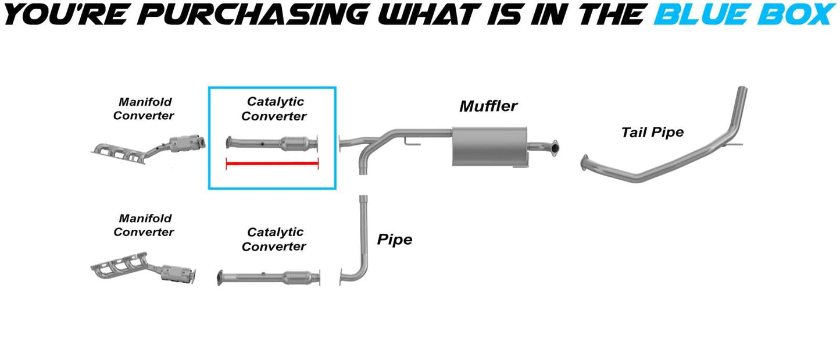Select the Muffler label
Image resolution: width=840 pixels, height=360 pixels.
(488, 106)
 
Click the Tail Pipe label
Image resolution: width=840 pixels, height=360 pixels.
(652, 132)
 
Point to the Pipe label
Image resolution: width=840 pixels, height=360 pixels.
(395, 240)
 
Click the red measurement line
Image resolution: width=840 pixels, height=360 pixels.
(272, 164)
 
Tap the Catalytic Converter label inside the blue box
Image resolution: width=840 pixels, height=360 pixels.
(274, 109)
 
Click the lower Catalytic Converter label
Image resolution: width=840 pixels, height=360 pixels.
(274, 239)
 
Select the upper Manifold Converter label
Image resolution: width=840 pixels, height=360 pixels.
(144, 109)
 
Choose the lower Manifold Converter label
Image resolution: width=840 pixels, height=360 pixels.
(144, 225)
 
